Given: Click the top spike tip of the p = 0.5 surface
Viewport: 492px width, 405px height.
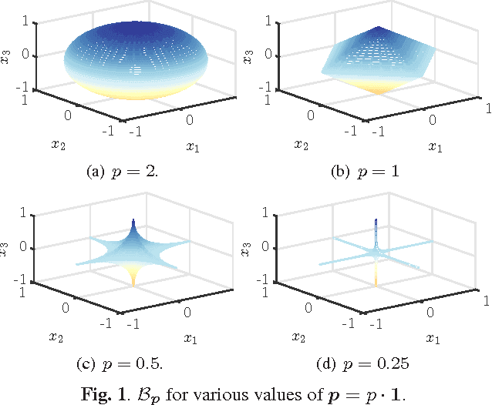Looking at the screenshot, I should click(x=133, y=219).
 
